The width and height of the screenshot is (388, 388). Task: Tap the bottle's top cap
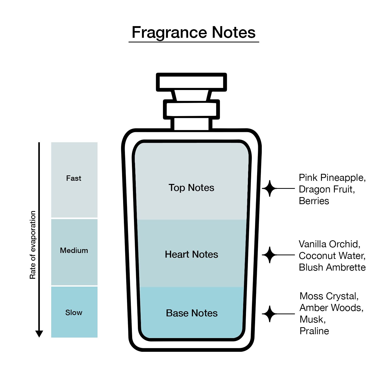(191, 82)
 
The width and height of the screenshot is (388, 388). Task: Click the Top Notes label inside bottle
(191, 188)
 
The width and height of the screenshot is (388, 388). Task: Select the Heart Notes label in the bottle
(191, 255)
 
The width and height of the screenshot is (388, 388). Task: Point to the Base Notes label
(192, 313)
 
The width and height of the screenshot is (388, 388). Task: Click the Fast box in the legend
(74, 180)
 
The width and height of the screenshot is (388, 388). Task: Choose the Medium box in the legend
(74, 252)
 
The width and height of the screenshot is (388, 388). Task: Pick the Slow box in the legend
(74, 312)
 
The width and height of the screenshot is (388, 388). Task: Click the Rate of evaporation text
(33, 245)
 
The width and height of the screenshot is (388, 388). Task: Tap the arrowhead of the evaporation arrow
(39, 334)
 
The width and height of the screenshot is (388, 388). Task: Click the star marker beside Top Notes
(270, 188)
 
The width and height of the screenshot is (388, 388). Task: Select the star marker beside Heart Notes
(270, 255)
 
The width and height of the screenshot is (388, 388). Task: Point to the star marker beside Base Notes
(270, 314)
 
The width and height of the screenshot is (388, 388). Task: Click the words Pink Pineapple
(331, 178)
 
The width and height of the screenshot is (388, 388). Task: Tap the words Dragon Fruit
(326, 189)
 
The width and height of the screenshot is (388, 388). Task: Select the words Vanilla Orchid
(329, 244)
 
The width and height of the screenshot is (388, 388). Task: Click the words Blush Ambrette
(332, 267)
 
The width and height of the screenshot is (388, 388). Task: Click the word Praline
(314, 331)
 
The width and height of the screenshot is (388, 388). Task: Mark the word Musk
(312, 319)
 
